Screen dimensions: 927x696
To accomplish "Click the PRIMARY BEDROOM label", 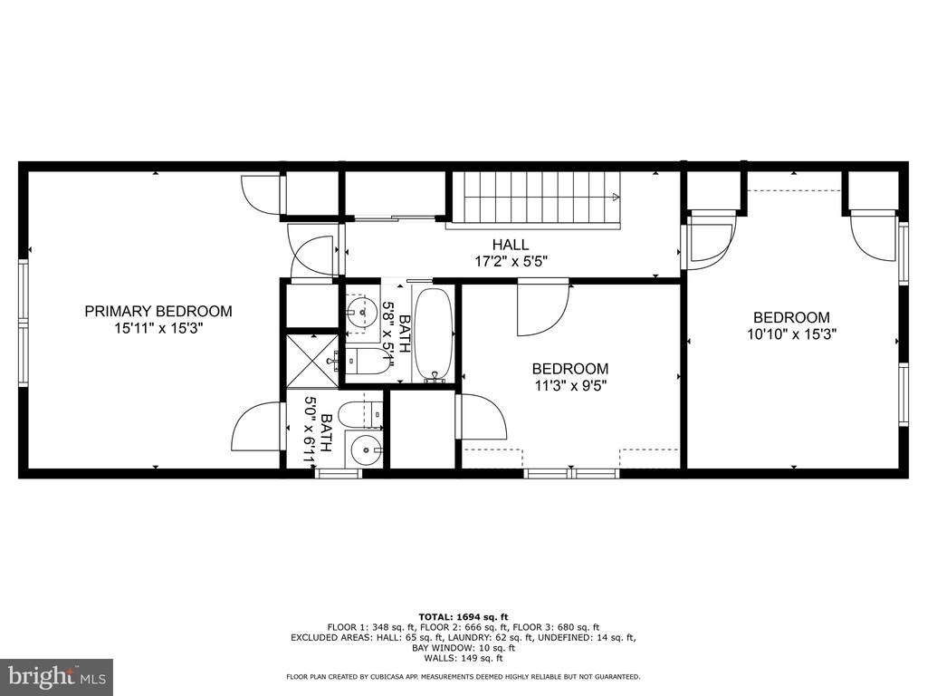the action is (x=158, y=312).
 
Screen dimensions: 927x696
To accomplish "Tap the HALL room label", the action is (x=511, y=245).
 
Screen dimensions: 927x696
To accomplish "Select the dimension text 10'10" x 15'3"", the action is (x=791, y=334).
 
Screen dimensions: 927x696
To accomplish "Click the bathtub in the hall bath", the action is (x=434, y=336).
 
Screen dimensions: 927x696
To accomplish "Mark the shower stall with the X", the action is (x=312, y=361).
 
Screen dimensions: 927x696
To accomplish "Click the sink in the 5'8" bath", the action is (x=360, y=310).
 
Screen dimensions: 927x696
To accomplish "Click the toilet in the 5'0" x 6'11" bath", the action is (x=360, y=414).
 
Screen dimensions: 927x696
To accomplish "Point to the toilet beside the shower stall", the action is (x=367, y=361).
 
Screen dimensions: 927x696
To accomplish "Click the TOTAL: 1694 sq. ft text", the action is (x=463, y=616).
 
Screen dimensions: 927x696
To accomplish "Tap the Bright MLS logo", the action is (x=57, y=675).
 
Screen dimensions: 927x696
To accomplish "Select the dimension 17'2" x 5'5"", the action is (x=511, y=261).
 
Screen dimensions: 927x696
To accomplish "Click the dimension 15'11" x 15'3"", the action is (x=158, y=328).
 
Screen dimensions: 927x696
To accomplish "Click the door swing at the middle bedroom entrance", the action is (x=543, y=310).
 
